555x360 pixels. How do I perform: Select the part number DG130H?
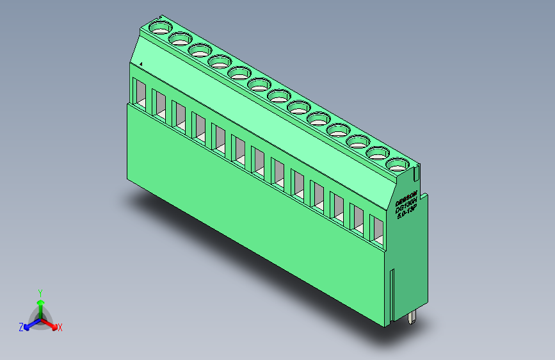click(406, 205)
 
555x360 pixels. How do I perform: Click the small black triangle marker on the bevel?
click(140, 63)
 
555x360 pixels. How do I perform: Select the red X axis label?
click(60, 327)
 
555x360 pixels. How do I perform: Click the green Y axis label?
click(40, 292)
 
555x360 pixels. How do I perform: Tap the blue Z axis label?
click(21, 327)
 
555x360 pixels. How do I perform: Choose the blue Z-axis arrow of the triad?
click(29, 324)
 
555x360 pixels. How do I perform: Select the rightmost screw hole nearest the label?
click(398, 165)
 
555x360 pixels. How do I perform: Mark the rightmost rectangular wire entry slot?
click(377, 231)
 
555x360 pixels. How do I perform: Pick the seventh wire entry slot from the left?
click(259, 160)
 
